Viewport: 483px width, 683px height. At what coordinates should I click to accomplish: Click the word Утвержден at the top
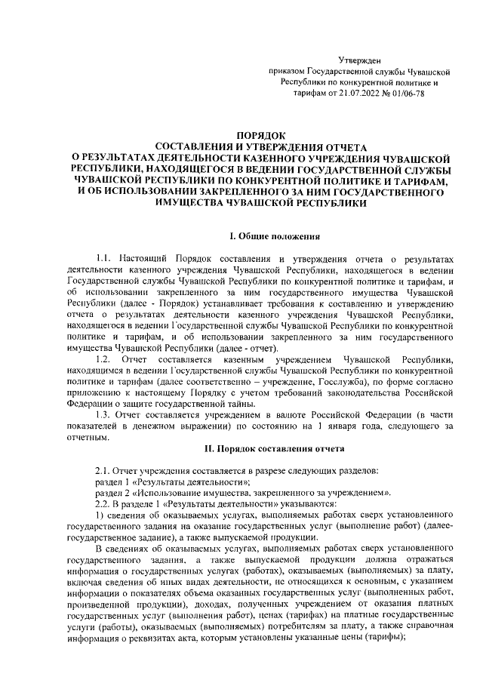click(x=360, y=59)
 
